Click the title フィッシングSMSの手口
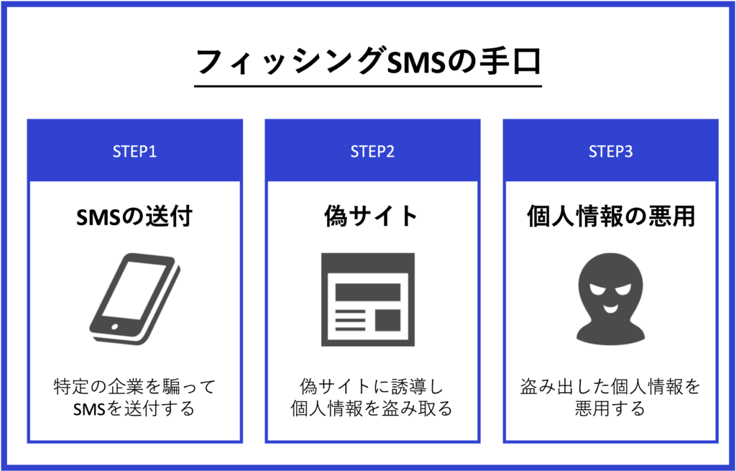[369, 62]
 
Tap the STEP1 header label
[134, 152]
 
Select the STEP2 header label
[373, 152]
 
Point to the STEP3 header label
[611, 152]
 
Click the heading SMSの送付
[134, 216]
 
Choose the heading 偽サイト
[371, 216]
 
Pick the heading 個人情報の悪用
[611, 216]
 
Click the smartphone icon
[134, 298]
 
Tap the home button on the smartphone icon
[114, 326]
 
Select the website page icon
[368, 300]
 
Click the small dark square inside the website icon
[387, 320]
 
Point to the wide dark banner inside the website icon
[368, 292]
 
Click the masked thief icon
[611, 298]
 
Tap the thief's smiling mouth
[610, 309]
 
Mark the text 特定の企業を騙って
[134, 387]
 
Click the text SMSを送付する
[134, 408]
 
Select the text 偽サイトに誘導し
[372, 387]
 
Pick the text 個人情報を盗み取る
[372, 408]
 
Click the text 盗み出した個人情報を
[610, 387]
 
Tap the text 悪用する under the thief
[610, 408]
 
